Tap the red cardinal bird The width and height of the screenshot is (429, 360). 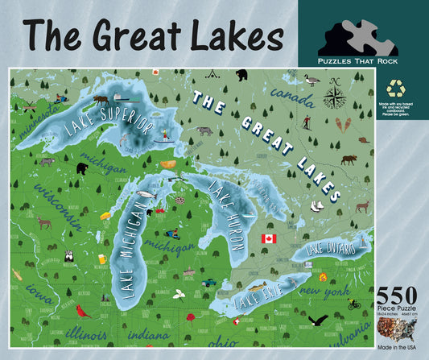point(80,310)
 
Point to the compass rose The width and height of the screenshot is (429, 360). point(333,98)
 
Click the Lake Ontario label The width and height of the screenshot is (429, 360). point(330,249)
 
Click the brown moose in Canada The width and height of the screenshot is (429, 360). point(348,159)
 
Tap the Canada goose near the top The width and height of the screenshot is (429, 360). point(311,79)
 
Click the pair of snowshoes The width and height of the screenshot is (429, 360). point(343,124)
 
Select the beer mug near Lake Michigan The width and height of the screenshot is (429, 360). point(102,259)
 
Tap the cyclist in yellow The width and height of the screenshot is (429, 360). point(354,304)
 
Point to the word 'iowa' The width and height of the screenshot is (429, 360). point(35,289)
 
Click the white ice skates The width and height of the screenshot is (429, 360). point(317,206)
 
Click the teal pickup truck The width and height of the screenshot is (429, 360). point(208,282)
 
